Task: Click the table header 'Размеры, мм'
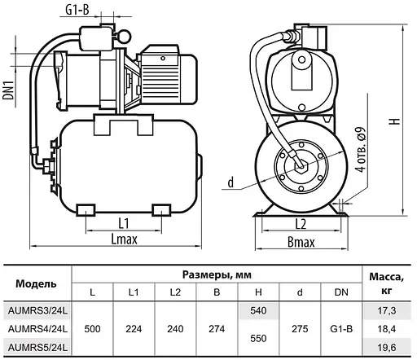[213, 274]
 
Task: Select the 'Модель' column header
[37, 283]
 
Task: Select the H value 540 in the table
[257, 311]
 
